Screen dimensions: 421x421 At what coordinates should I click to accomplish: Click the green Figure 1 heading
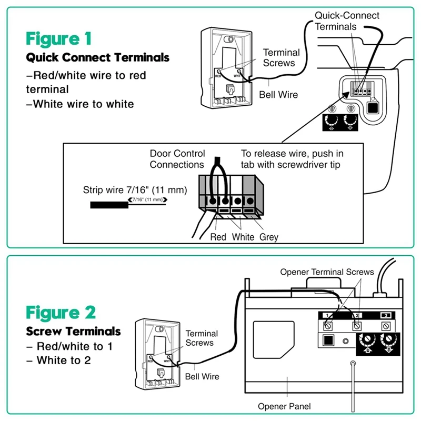(59, 38)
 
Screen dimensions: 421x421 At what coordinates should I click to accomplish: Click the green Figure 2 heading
(61, 312)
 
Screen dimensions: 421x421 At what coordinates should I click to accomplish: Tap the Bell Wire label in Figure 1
(278, 95)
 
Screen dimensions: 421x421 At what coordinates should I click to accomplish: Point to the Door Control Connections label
(176, 159)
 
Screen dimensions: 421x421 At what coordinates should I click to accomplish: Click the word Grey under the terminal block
(268, 237)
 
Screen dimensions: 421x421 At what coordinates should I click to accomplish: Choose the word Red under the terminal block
(218, 237)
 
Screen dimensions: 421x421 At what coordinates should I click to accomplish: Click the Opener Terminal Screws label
(327, 272)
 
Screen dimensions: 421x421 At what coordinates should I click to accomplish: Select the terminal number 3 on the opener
(386, 315)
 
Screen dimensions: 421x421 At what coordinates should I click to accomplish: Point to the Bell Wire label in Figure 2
(202, 377)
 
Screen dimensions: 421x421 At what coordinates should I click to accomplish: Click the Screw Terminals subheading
(74, 332)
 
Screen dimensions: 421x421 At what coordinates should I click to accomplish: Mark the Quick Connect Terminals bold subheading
(98, 57)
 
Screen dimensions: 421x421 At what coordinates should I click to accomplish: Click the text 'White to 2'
(63, 361)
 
